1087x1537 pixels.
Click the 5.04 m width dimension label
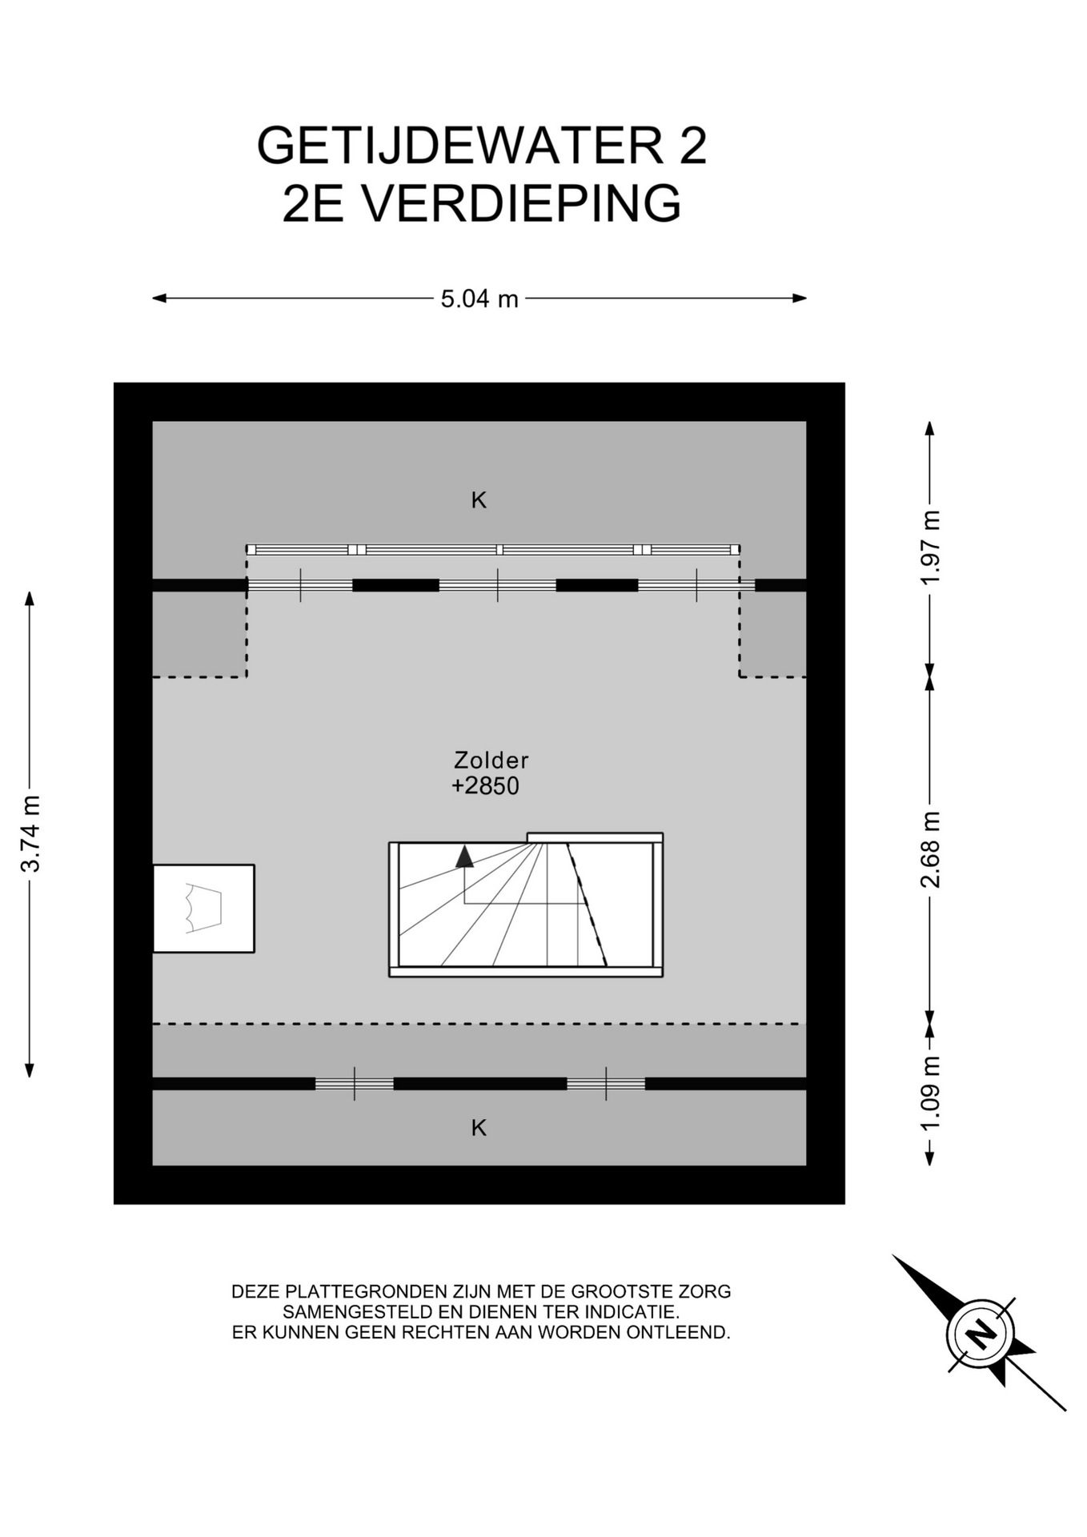click(x=479, y=299)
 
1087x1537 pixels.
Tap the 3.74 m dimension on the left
click(x=30, y=833)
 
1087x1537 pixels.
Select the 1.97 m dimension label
click(x=930, y=548)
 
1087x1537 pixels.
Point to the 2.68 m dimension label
click(x=930, y=849)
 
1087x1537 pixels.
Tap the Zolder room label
click(x=491, y=760)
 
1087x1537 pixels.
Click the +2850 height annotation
click(x=485, y=786)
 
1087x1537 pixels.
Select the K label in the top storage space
click(x=479, y=500)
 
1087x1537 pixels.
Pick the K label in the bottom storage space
click(x=479, y=1128)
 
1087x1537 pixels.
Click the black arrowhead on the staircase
click(x=464, y=857)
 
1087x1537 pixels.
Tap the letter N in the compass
click(x=981, y=1334)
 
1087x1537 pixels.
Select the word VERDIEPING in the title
click(x=522, y=203)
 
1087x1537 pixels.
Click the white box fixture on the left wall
click(x=203, y=909)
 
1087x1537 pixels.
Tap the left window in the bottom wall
click(x=355, y=1084)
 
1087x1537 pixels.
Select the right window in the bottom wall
click(x=606, y=1084)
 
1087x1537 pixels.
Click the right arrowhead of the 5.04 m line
click(x=800, y=299)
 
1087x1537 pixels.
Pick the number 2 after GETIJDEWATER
click(x=693, y=146)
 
